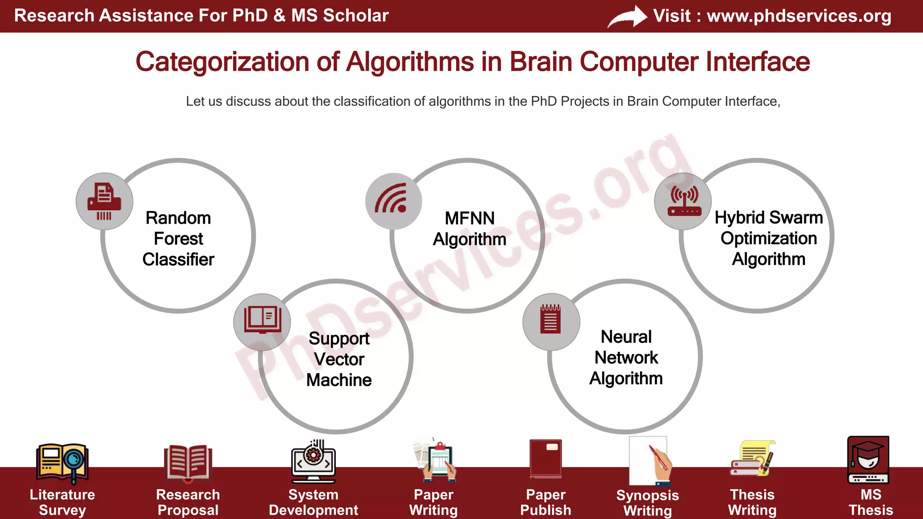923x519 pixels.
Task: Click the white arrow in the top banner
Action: coord(627,17)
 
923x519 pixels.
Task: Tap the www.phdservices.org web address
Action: coord(799,16)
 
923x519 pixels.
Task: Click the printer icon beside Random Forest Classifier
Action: coord(104,201)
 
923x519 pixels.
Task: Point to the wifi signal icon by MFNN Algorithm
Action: coord(393,200)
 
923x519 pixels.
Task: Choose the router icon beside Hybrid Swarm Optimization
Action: coord(683,201)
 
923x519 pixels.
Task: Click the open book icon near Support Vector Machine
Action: coord(262,320)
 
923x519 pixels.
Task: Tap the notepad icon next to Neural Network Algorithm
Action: coord(551,320)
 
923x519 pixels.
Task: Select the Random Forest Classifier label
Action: coord(178,238)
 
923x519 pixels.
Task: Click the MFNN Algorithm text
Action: coord(469,228)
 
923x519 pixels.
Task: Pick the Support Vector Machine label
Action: coord(339,359)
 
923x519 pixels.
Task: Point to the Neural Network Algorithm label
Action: coord(626,357)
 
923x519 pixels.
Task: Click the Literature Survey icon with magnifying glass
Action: coord(62,462)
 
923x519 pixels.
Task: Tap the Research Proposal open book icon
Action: coord(187,462)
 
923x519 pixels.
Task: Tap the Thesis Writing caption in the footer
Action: coord(752,502)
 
